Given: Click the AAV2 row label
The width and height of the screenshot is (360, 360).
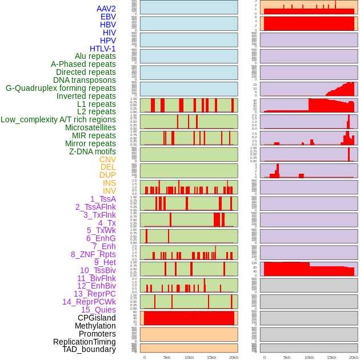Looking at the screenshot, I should pos(106,9).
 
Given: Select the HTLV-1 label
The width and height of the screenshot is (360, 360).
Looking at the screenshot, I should pos(102,49).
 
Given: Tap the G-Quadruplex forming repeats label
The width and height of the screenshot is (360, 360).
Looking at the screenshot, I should pos(61,88).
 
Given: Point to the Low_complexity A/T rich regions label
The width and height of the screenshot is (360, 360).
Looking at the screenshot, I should pos(58,119).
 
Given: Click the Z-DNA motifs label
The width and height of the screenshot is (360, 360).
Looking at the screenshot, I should pos(92,151).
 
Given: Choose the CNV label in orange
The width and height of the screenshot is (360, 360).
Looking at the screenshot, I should pos(107,159).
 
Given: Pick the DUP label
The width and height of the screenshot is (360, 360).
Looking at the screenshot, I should pos(107,175).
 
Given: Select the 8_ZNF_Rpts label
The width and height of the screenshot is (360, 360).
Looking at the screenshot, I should pos(93,254).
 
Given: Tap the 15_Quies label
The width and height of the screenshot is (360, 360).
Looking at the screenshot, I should pos(98,310).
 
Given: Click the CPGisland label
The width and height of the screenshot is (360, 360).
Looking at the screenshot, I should pos(97,318).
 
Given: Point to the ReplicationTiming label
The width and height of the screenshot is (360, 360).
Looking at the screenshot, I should pos(84,342).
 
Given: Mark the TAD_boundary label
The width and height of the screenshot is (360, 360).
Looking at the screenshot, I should pos(89,349).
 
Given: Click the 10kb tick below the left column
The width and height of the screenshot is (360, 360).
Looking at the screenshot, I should pos(189,357).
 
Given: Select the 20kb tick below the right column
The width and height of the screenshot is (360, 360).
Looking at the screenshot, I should pos(354,357).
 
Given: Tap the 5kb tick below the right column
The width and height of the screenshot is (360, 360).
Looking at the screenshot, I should pos(287,357).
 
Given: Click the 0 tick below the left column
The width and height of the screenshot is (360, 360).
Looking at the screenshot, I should pos(145,357).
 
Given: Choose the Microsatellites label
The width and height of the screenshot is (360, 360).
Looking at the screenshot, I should pos(90,127).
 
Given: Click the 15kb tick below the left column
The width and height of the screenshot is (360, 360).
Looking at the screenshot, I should pos(211,357).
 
